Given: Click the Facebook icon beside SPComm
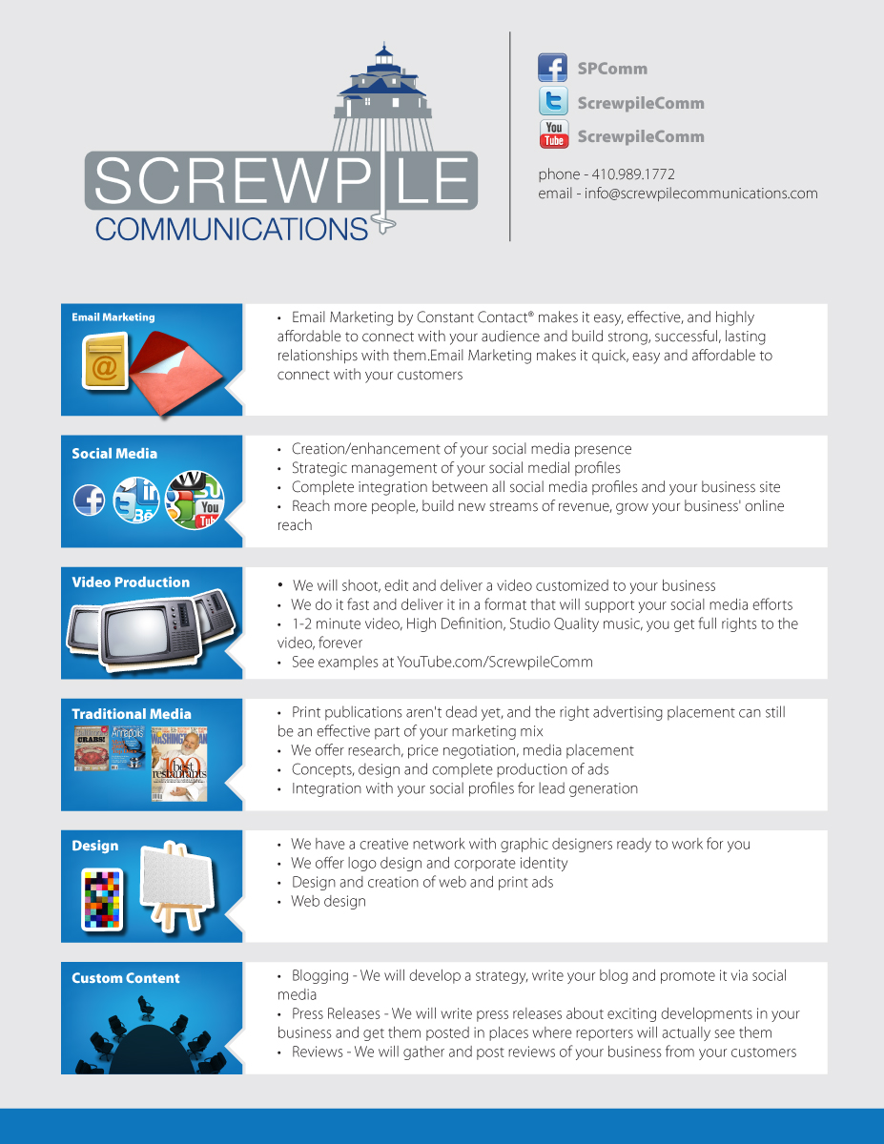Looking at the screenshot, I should (553, 69).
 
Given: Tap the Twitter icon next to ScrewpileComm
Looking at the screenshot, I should (553, 102).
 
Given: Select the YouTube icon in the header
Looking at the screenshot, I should (553, 135).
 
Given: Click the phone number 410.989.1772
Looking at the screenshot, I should (633, 174).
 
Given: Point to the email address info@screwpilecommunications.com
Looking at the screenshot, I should (701, 194).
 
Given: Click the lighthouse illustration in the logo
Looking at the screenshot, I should (383, 100).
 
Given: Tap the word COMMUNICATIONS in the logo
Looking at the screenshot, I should (232, 229).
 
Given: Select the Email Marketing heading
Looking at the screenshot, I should (113, 317).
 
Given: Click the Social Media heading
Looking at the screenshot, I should (114, 454).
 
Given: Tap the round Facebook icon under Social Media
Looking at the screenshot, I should (90, 500).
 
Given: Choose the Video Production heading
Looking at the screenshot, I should (131, 582).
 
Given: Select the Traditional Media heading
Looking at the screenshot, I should (132, 714).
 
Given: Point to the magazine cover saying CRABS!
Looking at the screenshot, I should (92, 749).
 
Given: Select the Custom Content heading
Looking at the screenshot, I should (126, 978).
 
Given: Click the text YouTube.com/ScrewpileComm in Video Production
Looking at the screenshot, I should (494, 662).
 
